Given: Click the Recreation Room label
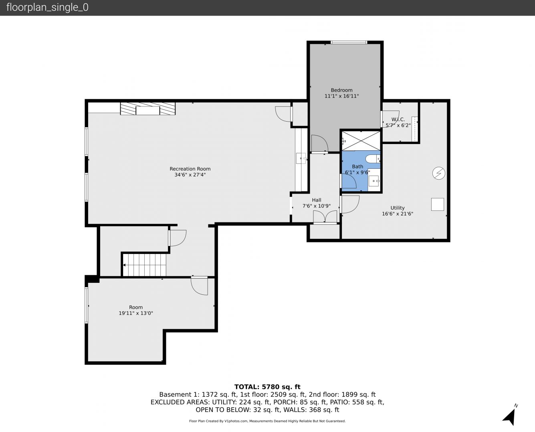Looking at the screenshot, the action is [190, 169].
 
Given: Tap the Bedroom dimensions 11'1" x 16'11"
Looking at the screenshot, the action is [341, 96].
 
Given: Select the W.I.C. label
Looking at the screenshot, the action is [398, 119].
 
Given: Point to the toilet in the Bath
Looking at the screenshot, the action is [373, 159].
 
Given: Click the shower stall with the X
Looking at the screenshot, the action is [361, 141].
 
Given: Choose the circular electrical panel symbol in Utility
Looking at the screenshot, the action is [439, 173].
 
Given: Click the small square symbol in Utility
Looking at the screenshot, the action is [438, 204].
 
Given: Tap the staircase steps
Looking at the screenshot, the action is [144, 265].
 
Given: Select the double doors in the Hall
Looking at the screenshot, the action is [325, 217].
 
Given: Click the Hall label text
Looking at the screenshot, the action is [317, 200].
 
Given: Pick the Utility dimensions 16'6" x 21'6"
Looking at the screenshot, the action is [398, 214].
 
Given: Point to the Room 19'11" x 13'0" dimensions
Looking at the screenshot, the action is [136, 313].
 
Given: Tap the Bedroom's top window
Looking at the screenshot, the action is [349, 42].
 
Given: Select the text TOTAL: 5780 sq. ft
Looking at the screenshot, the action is [267, 387].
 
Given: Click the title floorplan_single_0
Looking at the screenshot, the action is [47, 8].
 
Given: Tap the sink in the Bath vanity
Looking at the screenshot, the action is [374, 181].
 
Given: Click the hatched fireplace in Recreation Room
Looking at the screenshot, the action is [148, 108].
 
